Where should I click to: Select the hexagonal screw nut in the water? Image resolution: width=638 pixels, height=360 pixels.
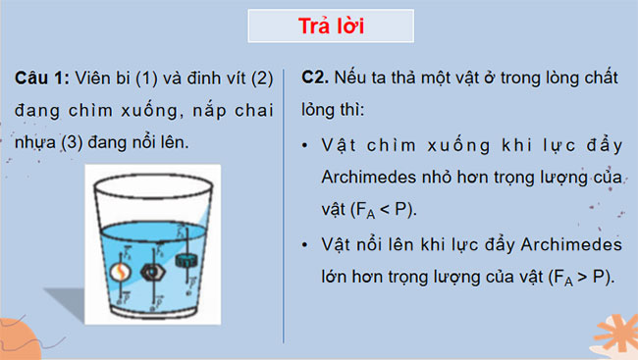pos(153,271)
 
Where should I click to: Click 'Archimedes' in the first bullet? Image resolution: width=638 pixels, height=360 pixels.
pos(367,177)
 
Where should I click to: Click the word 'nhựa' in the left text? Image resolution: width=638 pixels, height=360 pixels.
pos(37,143)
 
